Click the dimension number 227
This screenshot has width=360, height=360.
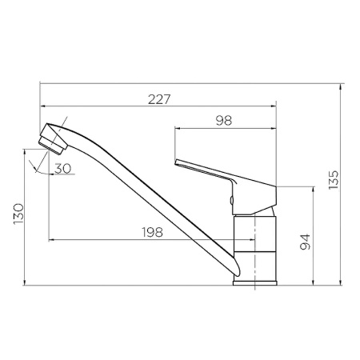159,99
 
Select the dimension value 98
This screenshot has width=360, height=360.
224,121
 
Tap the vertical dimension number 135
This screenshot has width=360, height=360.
333,180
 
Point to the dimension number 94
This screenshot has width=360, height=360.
305,242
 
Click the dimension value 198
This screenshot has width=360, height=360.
152,232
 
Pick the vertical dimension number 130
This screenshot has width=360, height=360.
19,214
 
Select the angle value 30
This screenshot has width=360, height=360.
63,169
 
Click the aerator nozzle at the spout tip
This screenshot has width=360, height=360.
53,145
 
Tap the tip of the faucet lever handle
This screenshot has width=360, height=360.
176,162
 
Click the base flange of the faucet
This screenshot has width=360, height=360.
255,283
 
